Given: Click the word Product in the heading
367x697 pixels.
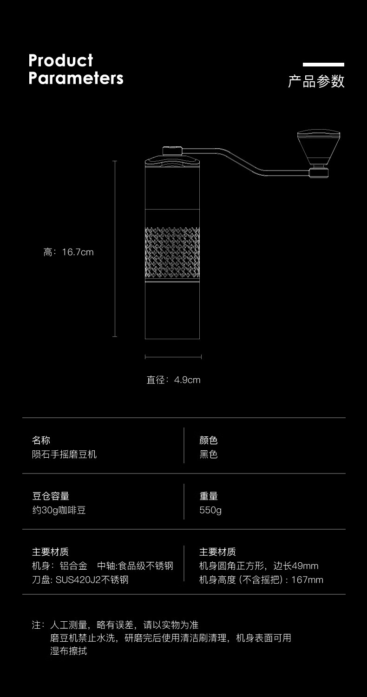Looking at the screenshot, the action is [x=61, y=60].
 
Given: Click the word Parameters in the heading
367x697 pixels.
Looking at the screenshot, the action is [x=76, y=78].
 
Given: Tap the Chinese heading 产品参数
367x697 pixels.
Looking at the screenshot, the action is [x=316, y=81].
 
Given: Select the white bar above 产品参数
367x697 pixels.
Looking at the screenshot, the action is [x=323, y=65].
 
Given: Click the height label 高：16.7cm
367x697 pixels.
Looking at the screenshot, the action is [x=68, y=252].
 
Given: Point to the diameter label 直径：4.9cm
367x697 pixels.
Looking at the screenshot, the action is [x=173, y=380].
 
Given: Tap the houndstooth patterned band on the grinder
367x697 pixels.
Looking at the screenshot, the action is [x=172, y=253].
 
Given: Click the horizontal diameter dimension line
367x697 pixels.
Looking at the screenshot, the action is [x=173, y=357].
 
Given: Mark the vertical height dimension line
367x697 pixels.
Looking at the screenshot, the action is [x=115, y=249].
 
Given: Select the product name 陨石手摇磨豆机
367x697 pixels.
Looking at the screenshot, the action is [x=64, y=454].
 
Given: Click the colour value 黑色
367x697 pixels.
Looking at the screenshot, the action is [x=209, y=454].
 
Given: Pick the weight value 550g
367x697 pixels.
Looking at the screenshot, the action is [x=210, y=510].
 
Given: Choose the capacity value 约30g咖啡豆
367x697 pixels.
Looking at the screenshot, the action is [x=59, y=510].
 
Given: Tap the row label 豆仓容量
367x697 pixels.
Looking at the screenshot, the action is [x=51, y=496].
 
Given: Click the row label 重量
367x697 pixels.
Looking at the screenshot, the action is [x=209, y=496].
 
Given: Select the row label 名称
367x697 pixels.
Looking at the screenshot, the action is [x=41, y=441].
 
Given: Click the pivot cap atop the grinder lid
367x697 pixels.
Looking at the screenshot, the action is [x=172, y=150].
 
